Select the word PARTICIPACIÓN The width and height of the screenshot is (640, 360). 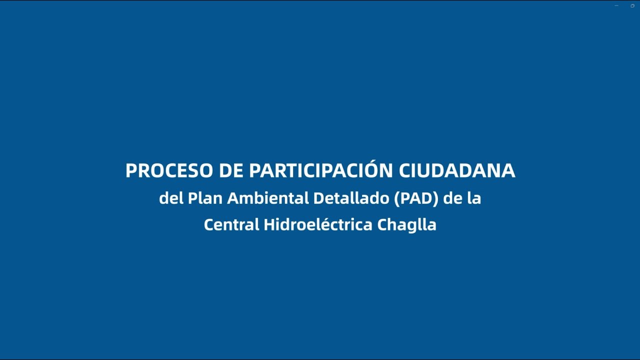click(x=320, y=171)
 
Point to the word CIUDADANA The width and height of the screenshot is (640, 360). click(x=456, y=171)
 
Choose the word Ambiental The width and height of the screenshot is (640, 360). click(x=268, y=198)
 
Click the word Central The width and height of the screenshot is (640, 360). click(x=231, y=224)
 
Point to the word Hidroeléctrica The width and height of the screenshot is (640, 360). click(x=318, y=224)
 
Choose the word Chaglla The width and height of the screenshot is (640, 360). click(x=407, y=224)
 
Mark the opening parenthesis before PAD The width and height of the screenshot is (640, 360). click(x=397, y=198)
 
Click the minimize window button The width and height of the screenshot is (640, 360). click(x=616, y=5)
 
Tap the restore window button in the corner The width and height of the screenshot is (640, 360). click(x=632, y=5)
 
